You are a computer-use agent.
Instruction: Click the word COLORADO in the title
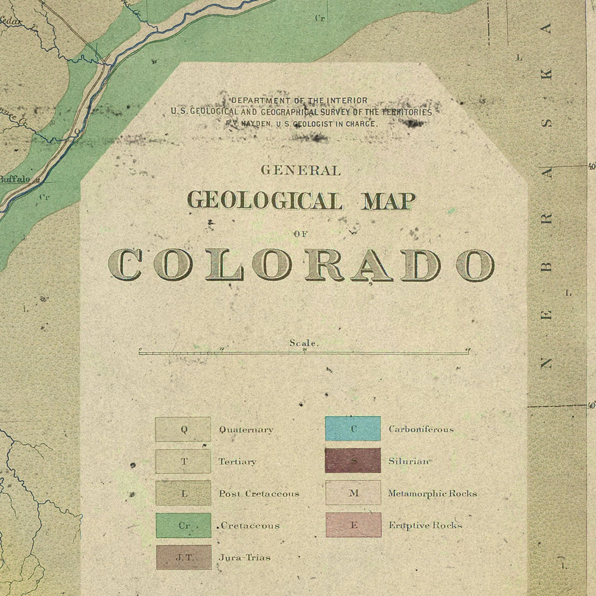[x=302, y=265]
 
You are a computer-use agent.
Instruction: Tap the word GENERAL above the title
[x=301, y=170]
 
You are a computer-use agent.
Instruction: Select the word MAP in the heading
[x=388, y=201]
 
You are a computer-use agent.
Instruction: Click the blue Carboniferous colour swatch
[x=353, y=429]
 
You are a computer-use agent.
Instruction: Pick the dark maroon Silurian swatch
[x=353, y=461]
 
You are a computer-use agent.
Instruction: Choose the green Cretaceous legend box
[x=184, y=525]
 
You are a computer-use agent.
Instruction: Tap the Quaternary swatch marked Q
[x=183, y=429]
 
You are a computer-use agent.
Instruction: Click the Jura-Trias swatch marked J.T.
[x=184, y=557]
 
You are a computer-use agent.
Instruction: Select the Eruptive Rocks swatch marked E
[x=353, y=525]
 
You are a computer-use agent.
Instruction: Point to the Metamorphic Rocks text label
[x=432, y=493]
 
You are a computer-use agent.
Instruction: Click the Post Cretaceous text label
[x=259, y=494]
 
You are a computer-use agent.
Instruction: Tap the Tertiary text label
[x=237, y=462]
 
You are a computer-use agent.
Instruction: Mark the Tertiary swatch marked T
[x=183, y=462]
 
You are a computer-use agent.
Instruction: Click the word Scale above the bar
[x=304, y=343]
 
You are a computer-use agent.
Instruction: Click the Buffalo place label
[x=15, y=179]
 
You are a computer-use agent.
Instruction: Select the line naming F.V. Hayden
[x=301, y=124]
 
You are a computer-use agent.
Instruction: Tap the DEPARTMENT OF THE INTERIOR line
[x=299, y=100]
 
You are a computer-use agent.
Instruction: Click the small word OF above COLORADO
[x=301, y=234]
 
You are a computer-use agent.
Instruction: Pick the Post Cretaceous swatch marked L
[x=184, y=493]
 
